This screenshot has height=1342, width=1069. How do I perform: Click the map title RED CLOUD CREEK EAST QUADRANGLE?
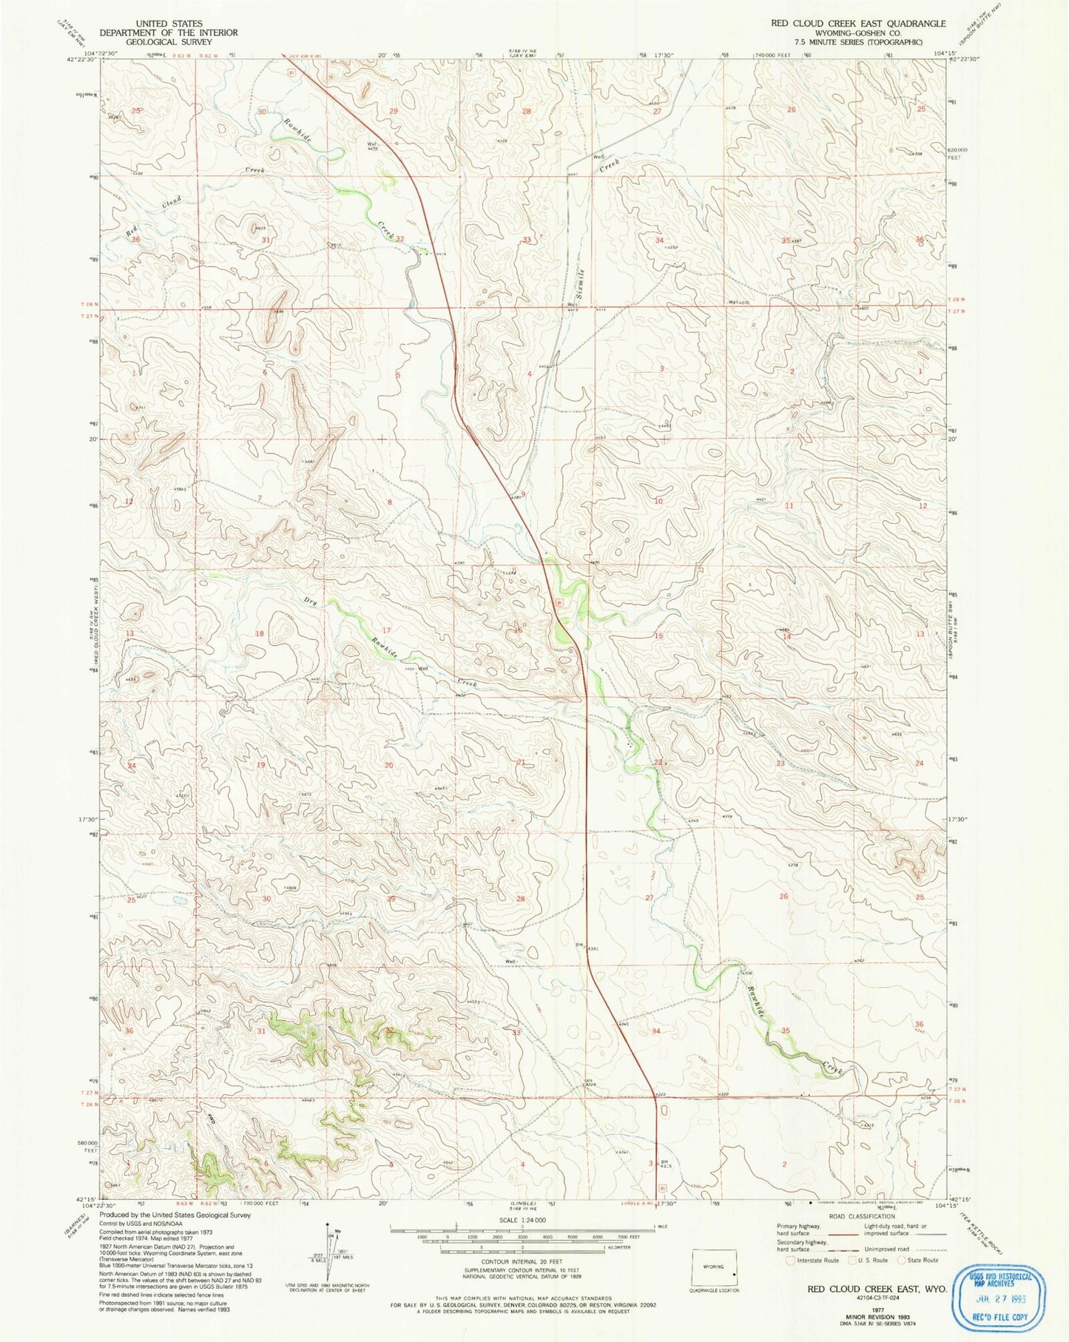(x=858, y=23)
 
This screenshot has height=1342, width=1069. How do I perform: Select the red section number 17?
(x=385, y=630)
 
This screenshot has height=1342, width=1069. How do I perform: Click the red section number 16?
(x=518, y=630)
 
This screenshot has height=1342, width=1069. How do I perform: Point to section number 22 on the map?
(x=658, y=762)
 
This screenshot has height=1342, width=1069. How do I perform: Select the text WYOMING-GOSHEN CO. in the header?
(x=858, y=33)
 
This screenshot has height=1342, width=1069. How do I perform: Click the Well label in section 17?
(x=423, y=668)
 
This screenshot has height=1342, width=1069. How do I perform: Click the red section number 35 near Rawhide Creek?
(x=786, y=1031)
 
